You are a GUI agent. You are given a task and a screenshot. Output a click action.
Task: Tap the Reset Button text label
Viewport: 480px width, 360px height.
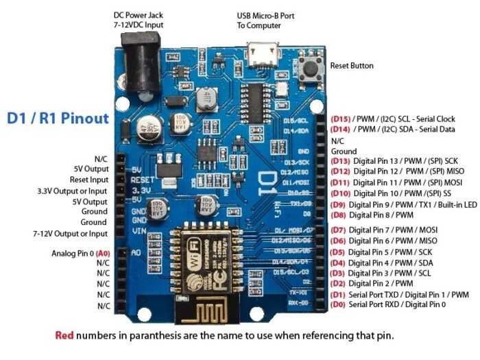(352, 66)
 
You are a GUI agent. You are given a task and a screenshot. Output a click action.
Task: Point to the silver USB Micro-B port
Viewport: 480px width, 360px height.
(261, 50)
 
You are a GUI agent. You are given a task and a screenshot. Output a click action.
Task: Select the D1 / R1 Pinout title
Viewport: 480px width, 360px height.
(58, 118)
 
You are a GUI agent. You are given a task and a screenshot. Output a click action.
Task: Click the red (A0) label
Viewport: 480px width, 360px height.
(103, 253)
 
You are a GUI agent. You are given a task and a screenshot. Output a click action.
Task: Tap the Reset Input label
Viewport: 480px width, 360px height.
(89, 180)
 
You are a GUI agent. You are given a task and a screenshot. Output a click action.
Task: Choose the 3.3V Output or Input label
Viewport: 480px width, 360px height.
(73, 191)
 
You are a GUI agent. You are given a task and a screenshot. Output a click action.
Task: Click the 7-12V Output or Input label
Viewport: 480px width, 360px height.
(69, 235)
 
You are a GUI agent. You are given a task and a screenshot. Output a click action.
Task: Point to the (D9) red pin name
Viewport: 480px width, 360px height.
(338, 204)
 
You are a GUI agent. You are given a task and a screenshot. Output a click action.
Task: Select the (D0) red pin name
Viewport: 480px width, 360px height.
(338, 304)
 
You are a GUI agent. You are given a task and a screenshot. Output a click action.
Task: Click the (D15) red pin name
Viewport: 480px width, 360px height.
(341, 119)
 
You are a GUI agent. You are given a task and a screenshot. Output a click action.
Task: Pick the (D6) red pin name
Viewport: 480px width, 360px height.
(338, 241)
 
